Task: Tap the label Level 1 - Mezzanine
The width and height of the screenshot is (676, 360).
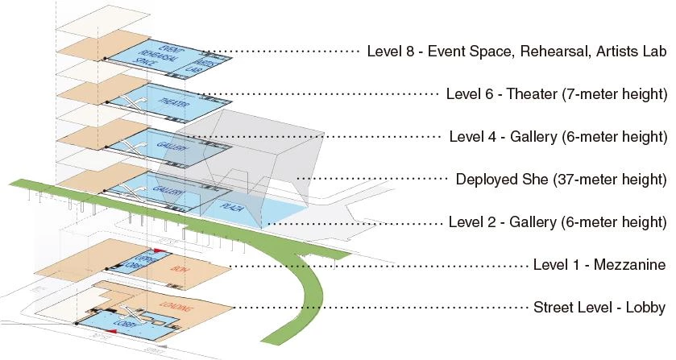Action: click(599, 265)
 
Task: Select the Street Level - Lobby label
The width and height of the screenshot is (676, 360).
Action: click(599, 308)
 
